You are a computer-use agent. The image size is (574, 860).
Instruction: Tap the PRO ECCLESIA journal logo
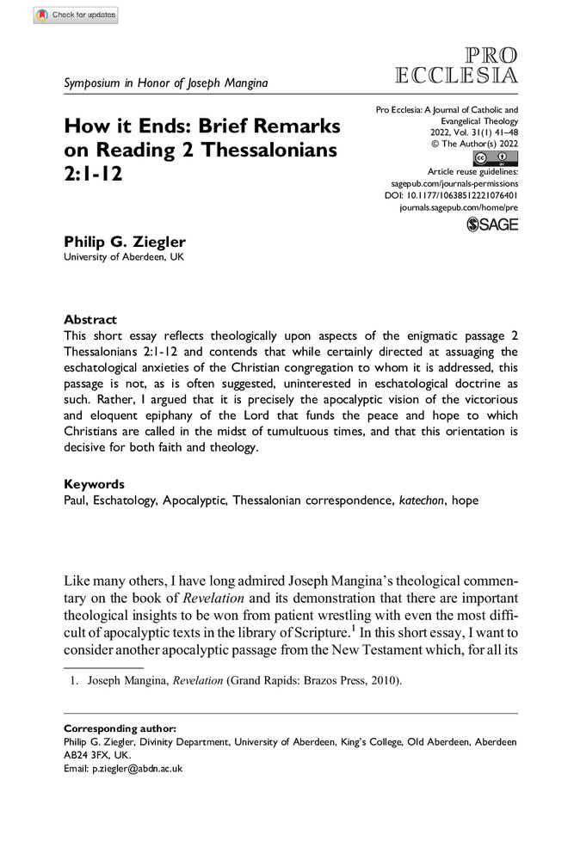pyautogui.click(x=456, y=64)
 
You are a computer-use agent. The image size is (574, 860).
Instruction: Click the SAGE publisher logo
pyautogui.click(x=492, y=224)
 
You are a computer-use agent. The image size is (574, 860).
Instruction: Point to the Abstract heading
pyautogui.click(x=91, y=319)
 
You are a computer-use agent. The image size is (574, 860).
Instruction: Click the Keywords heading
pyautogui.click(x=95, y=484)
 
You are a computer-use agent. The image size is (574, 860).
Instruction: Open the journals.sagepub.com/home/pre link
pyautogui.click(x=460, y=208)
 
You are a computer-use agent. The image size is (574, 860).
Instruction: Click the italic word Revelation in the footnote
pyautogui.click(x=197, y=681)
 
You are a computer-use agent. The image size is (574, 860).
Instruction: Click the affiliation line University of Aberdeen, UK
pyautogui.click(x=124, y=257)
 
